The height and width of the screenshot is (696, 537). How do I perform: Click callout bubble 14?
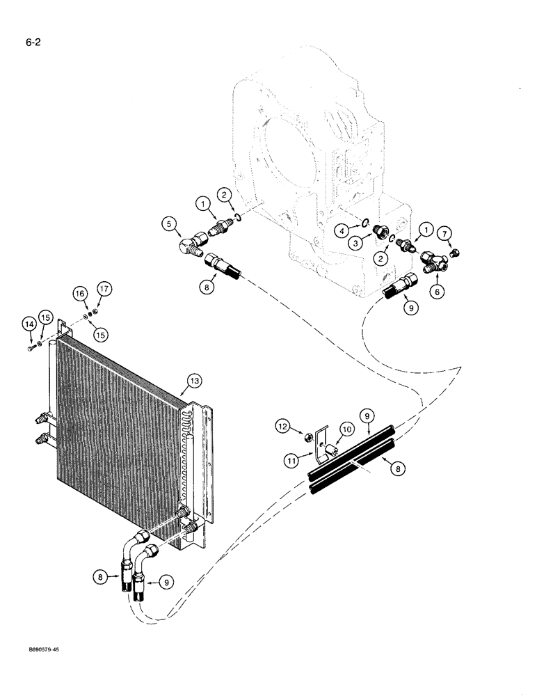point(28,324)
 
